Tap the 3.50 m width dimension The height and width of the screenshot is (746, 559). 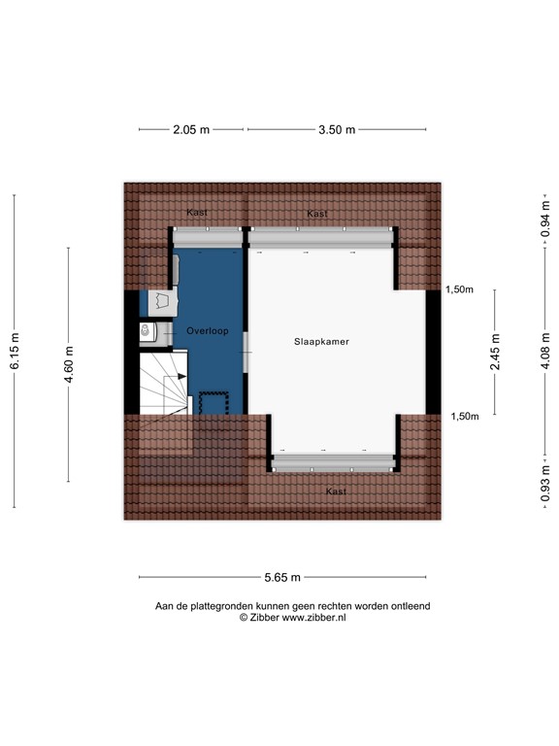point(338,129)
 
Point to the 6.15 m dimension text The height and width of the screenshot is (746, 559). point(15,351)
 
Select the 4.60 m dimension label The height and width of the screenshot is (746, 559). point(69,365)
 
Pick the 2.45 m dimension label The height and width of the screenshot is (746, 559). point(494,352)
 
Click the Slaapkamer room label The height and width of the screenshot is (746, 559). point(321,343)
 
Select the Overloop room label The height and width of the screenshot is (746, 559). point(208,331)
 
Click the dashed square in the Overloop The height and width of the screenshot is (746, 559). point(213,402)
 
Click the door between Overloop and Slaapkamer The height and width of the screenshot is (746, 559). point(247,351)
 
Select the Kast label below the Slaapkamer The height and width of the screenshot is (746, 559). point(336,492)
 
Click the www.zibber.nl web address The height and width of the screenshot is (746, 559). point(314,617)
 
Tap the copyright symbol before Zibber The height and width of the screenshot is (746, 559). point(244,617)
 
